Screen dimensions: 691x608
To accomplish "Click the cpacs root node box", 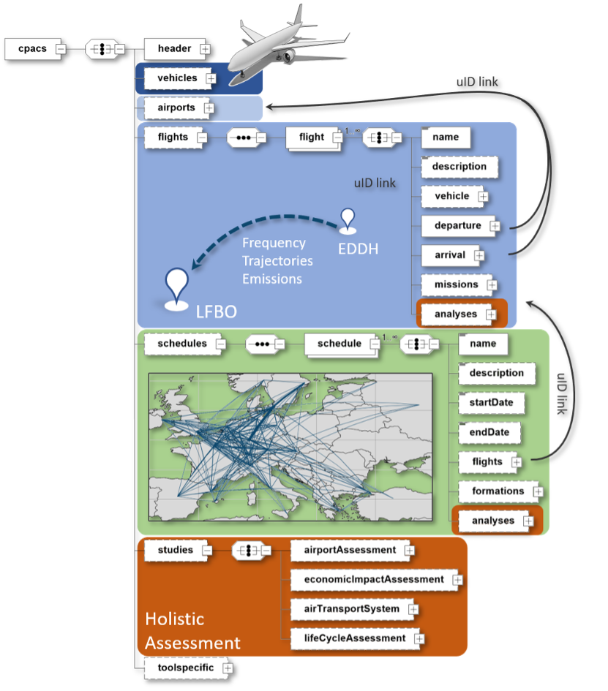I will pyautogui.click(x=31, y=49).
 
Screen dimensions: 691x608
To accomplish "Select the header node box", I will pyautogui.click(x=173, y=49).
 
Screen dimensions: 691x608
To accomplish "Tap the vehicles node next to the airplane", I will pyautogui.click(x=177, y=78).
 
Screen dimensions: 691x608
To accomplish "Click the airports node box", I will pyautogui.click(x=176, y=107).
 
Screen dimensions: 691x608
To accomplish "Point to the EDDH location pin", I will pyautogui.click(x=348, y=222).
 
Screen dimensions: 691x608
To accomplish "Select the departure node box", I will pyautogui.click(x=457, y=225).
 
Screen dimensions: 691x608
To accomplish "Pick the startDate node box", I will pyautogui.click(x=496, y=402).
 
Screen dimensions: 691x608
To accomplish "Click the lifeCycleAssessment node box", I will pyautogui.click(x=354, y=638).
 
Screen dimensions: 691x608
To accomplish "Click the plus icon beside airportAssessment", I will pyautogui.click(x=410, y=550).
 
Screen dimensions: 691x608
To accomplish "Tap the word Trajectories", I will pyautogui.click(x=277, y=260).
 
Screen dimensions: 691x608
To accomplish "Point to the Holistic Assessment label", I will pyautogui.click(x=192, y=630).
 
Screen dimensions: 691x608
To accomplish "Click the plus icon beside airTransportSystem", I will pyautogui.click(x=413, y=608).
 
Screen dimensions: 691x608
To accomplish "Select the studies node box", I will pyautogui.click(x=175, y=550).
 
